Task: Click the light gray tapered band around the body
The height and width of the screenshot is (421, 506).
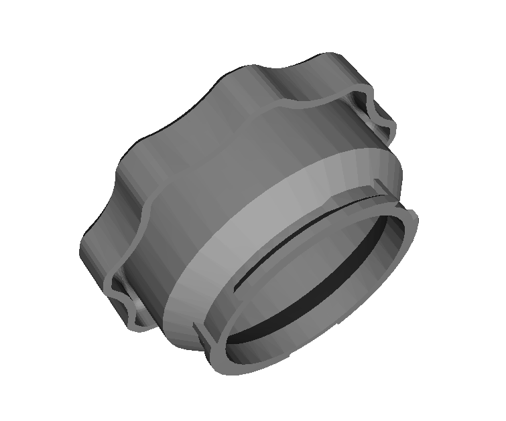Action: click(x=268, y=214)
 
